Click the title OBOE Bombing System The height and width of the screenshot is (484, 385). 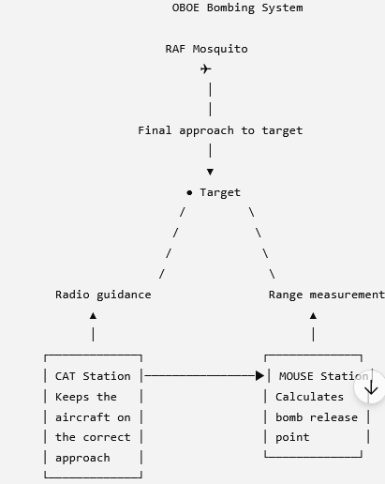[x=237, y=8]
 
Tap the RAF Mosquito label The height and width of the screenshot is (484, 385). [x=206, y=49]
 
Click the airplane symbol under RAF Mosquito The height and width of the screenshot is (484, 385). [x=206, y=68]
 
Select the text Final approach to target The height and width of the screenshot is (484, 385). [x=220, y=130]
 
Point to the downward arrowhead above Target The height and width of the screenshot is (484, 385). [x=210, y=172]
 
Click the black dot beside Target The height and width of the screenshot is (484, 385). [x=189, y=192]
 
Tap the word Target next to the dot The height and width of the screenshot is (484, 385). [x=220, y=192]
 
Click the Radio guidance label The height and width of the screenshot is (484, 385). [x=103, y=295]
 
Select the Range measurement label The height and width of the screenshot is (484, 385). [x=327, y=295]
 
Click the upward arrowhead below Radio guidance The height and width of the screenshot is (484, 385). [x=93, y=316]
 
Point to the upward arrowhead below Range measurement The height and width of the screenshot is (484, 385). [x=313, y=316]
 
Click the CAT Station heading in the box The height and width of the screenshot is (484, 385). [x=93, y=376]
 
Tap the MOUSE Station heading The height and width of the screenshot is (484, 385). [x=324, y=376]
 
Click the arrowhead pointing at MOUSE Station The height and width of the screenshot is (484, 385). [x=259, y=376]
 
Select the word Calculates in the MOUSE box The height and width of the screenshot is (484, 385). [x=309, y=397]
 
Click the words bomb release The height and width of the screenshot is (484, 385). [x=317, y=417]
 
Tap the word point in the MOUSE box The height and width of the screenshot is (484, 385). [x=292, y=438]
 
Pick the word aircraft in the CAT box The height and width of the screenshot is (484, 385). [x=82, y=417]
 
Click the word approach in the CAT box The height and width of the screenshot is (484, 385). [x=82, y=459]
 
